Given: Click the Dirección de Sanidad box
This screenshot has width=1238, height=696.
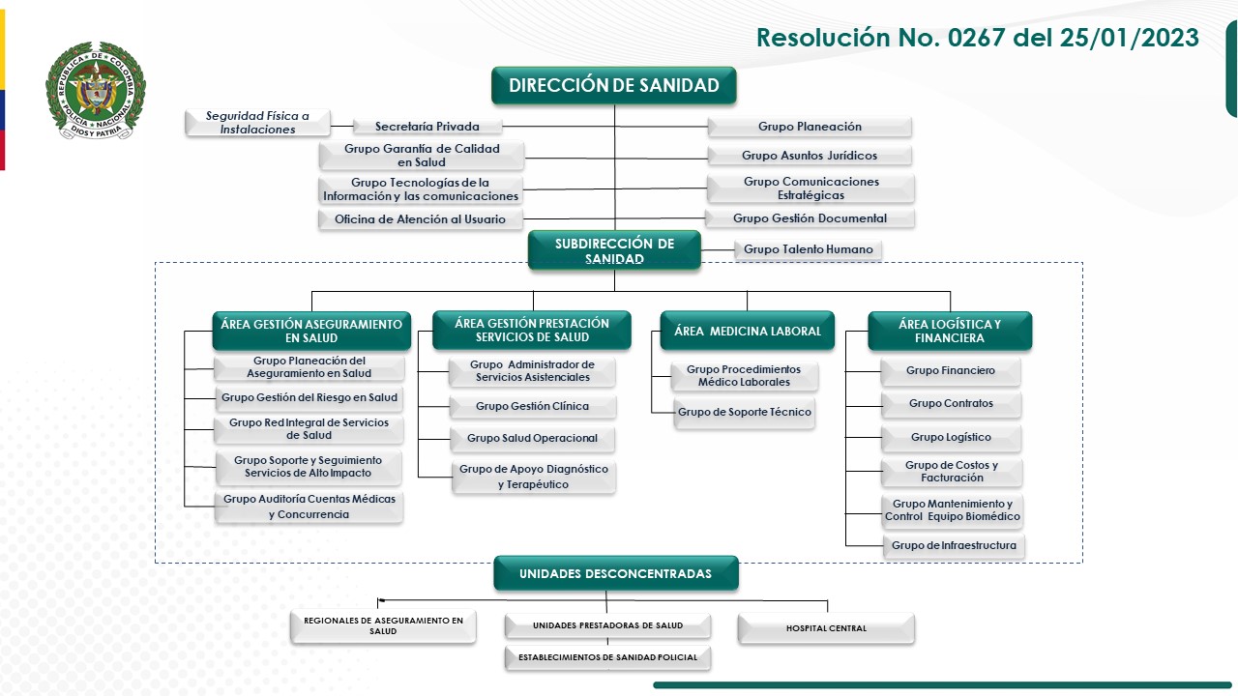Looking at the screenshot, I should point(613,85).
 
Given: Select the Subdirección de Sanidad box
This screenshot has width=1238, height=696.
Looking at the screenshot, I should point(614,250).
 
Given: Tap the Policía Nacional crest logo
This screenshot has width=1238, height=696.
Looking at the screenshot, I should point(95,91).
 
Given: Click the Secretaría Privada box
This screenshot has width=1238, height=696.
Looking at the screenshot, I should point(427,127).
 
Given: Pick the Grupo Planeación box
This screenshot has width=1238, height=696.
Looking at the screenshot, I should point(810,127).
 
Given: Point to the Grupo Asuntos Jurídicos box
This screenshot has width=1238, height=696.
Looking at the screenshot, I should point(810,156).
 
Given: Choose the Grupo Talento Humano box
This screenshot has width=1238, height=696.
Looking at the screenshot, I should point(808,249).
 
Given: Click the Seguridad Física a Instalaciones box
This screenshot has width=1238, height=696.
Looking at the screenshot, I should point(257,123).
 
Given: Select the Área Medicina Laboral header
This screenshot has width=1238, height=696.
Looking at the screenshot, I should point(747,331).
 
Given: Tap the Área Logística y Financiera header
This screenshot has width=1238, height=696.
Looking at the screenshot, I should point(949,331).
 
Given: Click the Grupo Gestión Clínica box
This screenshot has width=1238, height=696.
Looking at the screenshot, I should point(532,406).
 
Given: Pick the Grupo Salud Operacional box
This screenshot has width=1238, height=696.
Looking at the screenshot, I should point(532,438).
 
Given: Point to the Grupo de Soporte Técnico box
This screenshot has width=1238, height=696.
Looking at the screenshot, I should point(744,413).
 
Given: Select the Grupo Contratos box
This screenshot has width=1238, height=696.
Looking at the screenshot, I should point(951,404).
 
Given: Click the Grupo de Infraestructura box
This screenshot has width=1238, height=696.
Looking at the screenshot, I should point(954,545).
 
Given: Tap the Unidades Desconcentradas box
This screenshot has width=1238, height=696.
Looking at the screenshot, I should point(615,573).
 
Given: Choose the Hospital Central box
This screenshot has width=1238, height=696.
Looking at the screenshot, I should point(826,628).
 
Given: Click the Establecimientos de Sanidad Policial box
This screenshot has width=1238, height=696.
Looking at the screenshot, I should point(607,658).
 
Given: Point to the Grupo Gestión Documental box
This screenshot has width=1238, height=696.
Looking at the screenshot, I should point(810,218).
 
